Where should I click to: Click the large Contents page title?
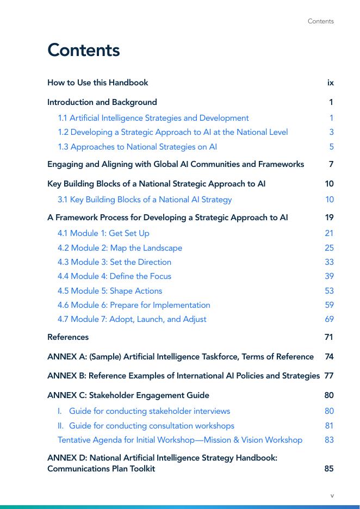click(83, 50)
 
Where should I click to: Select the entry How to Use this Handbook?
click(97, 83)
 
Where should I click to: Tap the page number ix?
click(330, 83)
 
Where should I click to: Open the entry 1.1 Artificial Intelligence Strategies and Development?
click(153, 118)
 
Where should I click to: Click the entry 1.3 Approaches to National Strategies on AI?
click(138, 147)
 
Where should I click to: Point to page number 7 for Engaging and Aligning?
click(331, 164)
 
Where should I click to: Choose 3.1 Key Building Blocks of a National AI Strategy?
click(145, 200)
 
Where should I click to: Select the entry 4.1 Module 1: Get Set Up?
click(103, 233)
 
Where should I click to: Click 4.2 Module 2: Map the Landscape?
click(120, 248)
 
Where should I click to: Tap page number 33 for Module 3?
click(329, 262)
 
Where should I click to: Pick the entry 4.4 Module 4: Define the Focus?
click(114, 276)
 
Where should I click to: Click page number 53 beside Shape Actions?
click(329, 291)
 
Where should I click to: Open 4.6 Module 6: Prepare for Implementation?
click(134, 305)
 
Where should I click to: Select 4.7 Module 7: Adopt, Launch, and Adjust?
click(132, 319)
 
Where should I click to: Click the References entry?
click(68, 337)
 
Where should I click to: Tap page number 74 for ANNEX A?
click(329, 357)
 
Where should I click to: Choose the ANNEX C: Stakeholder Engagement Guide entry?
click(128, 395)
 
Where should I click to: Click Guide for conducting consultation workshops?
click(151, 426)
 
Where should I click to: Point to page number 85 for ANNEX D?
click(329, 469)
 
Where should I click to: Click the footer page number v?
click(332, 495)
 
